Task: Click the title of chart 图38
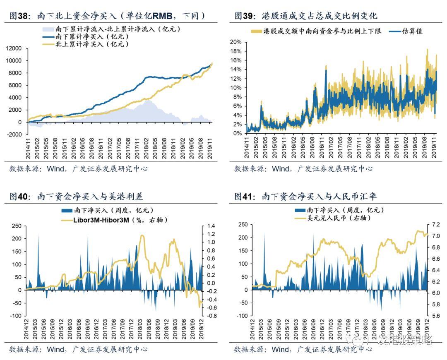107,16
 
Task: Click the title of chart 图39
306,16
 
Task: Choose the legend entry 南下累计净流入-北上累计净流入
112,29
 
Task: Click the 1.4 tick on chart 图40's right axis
210,226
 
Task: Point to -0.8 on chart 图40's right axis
211,316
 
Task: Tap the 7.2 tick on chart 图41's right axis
436,225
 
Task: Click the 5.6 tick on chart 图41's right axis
436,316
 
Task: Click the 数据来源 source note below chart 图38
78,168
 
